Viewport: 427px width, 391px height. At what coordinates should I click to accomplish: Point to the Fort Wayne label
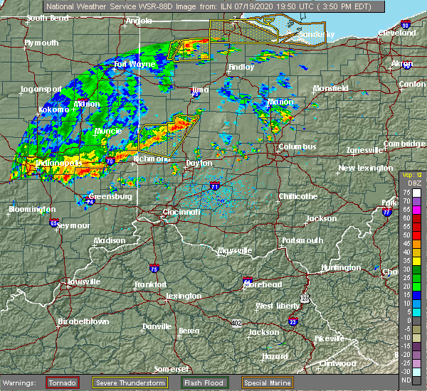point(135,65)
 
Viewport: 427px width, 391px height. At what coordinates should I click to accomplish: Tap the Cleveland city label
point(396,33)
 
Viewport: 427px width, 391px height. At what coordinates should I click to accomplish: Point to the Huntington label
point(340,267)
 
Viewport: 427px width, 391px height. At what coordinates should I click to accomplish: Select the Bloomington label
point(33,210)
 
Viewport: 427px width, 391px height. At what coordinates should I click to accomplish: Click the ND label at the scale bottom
point(406,380)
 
